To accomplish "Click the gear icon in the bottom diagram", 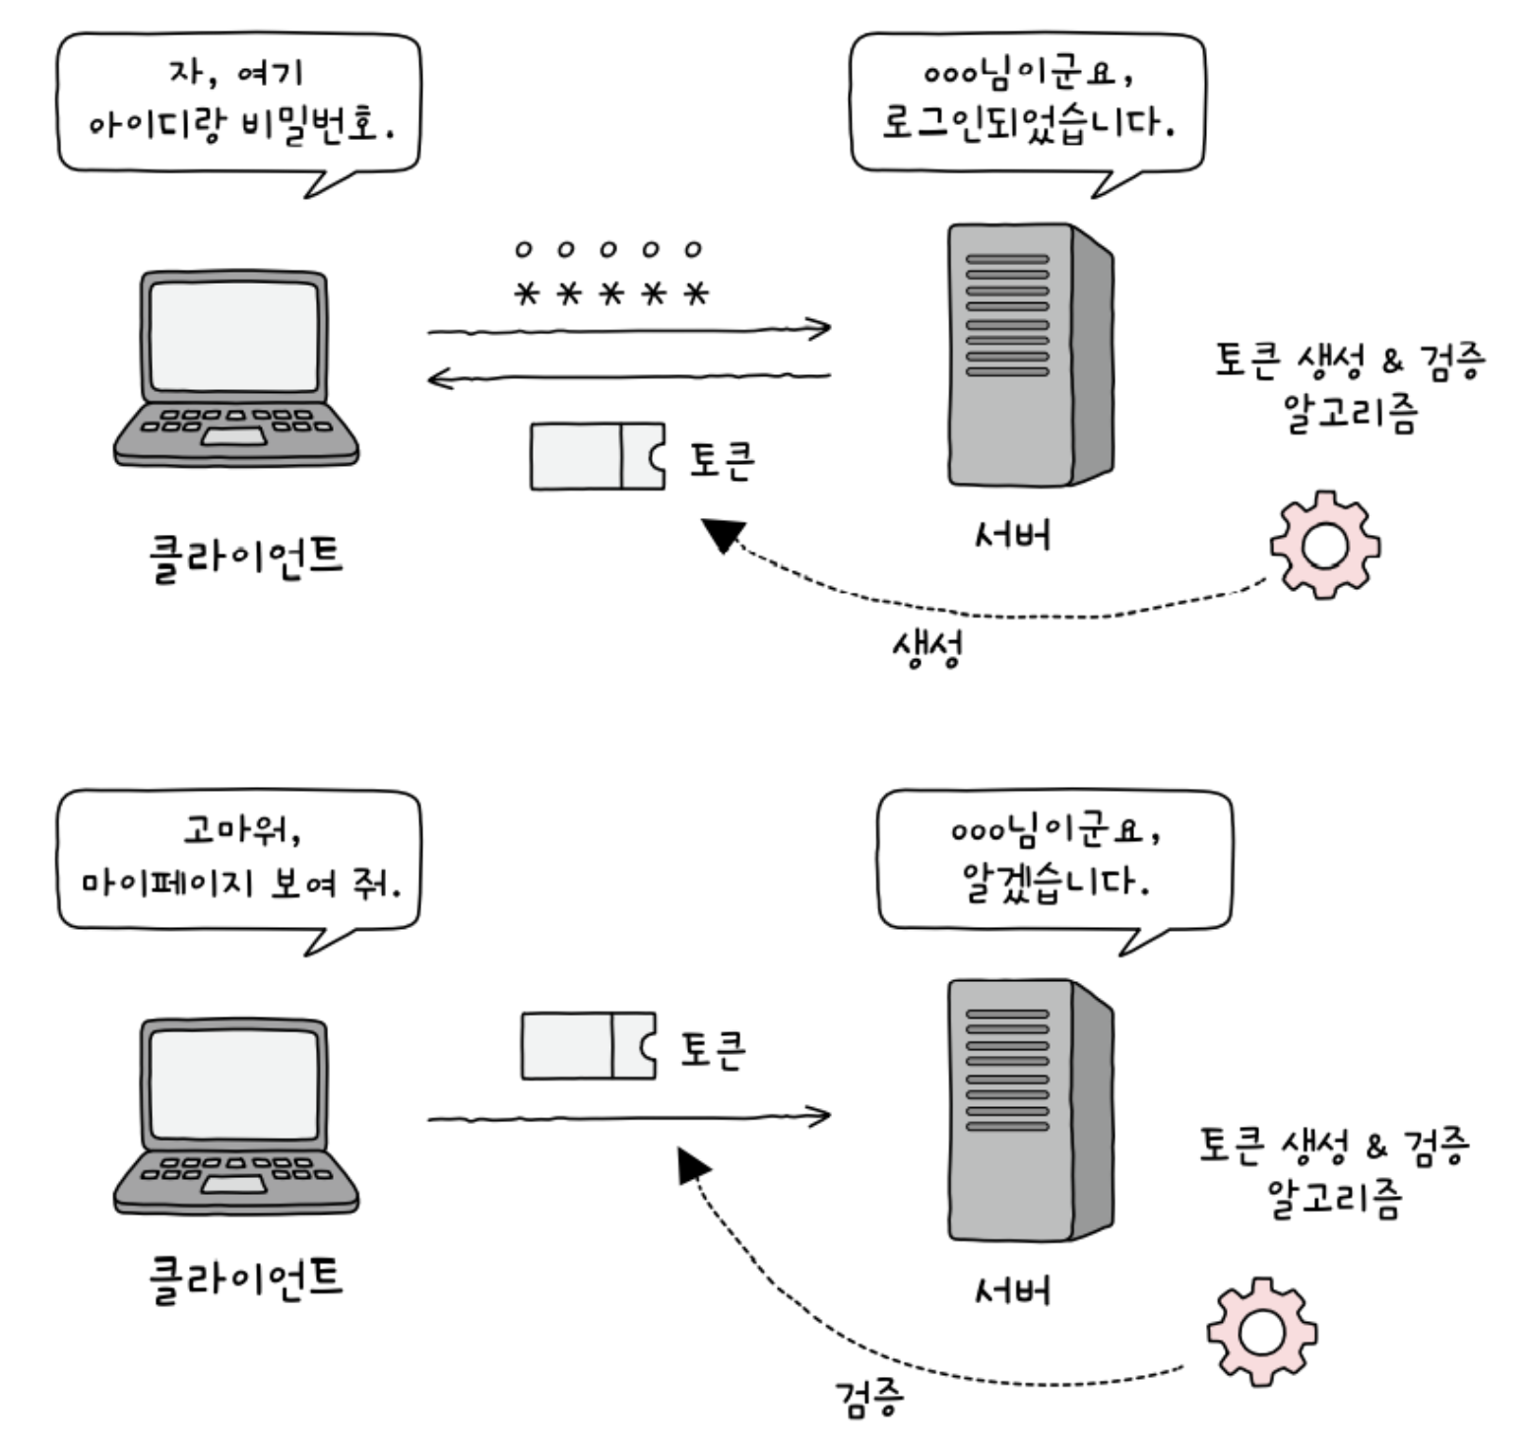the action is point(1261,1332).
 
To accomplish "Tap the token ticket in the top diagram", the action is point(598,456).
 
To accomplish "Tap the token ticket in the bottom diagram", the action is point(589,1045).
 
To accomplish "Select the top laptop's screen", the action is point(234,336).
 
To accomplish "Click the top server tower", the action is point(1030,355).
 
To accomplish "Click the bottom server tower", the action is point(1030,1110).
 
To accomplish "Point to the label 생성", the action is point(925,648).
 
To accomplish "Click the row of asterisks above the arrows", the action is point(611,293).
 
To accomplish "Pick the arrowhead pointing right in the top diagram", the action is point(817,328).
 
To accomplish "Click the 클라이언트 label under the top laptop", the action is point(245,558).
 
